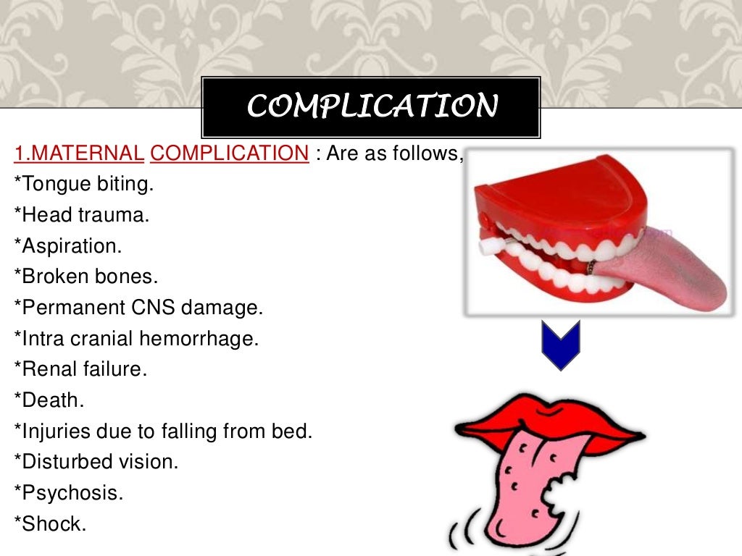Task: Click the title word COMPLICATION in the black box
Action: pos(372,106)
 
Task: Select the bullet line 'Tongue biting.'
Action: pos(84,184)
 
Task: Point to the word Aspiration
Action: pos(70,246)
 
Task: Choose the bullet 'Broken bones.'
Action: pos(86,277)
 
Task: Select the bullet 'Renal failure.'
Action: pos(80,369)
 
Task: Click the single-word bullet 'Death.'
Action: pos(49,400)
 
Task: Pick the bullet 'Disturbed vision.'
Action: pos(96,461)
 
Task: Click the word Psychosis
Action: pos(70,493)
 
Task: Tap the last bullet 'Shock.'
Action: pos(50,523)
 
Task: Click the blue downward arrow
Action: pos(561,345)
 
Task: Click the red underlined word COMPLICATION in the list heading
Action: pos(230,153)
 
